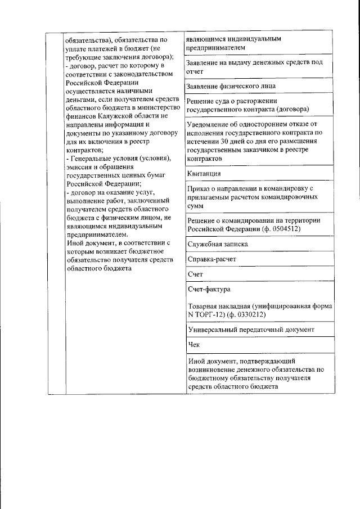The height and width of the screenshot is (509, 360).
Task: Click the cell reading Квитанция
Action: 203,174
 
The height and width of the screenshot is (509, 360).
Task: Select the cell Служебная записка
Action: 217,245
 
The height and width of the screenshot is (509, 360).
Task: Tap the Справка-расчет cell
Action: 211,259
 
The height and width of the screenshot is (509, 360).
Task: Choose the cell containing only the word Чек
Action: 193,344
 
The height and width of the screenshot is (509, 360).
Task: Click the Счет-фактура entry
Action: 209,290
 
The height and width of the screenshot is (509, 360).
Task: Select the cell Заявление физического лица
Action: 231,86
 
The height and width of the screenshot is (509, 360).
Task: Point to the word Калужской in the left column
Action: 114,116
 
